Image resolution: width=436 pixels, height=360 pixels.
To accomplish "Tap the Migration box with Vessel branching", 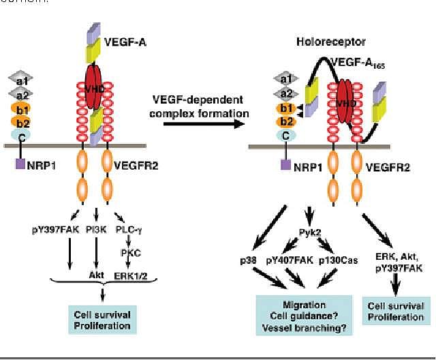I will coord(303,315).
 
